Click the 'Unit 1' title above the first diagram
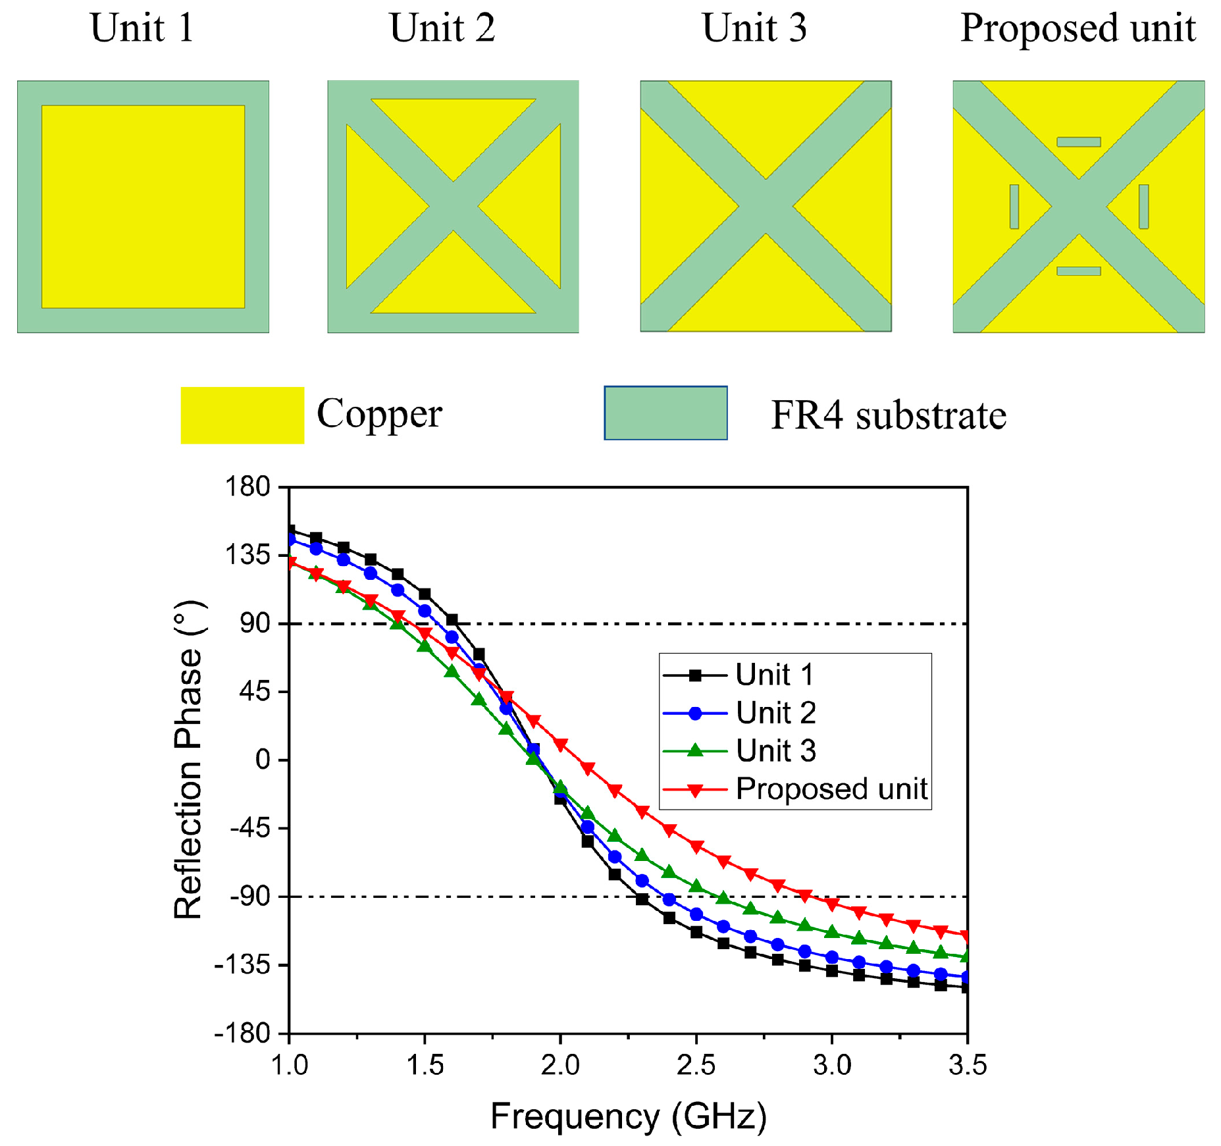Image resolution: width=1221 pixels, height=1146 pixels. click(x=142, y=28)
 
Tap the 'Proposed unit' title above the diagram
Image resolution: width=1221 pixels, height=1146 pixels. click(x=1078, y=28)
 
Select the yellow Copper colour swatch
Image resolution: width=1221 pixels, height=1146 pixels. click(x=242, y=415)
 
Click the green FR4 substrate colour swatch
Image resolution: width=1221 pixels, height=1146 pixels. click(x=665, y=413)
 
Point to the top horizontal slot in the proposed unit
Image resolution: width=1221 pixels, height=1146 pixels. click(x=1078, y=142)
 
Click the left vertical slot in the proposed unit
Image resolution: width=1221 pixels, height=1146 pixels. click(x=1014, y=207)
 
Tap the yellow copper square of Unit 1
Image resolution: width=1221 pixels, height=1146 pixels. click(x=143, y=207)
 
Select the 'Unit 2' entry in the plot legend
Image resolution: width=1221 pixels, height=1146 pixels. click(x=775, y=713)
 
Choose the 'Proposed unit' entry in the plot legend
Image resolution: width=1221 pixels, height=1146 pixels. click(x=831, y=789)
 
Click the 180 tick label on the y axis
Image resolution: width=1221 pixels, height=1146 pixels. click(x=247, y=487)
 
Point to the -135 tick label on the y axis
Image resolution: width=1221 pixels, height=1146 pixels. click(x=242, y=965)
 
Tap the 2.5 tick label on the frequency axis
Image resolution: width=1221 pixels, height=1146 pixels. click(x=696, y=1064)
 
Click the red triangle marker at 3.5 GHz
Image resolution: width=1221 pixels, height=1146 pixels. click(x=966, y=936)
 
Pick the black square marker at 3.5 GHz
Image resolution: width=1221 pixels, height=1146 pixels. click(x=966, y=987)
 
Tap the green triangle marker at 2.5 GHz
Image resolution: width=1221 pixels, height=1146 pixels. click(x=696, y=886)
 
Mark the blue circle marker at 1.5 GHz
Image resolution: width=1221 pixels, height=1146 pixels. click(x=425, y=611)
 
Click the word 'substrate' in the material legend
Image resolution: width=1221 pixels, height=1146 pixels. click(x=931, y=415)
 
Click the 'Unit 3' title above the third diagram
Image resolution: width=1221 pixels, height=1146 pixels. click(x=754, y=28)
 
